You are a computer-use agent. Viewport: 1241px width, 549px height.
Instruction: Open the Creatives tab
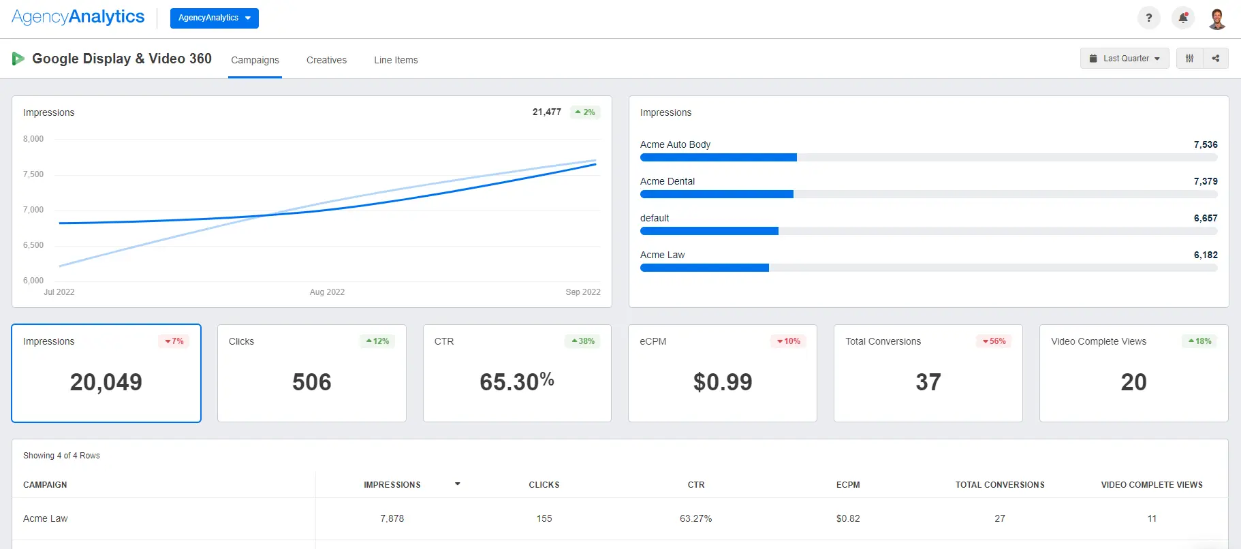[326, 60]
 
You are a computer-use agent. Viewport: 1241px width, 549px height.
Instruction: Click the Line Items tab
[396, 60]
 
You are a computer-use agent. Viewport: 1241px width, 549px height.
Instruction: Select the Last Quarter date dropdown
[1125, 59]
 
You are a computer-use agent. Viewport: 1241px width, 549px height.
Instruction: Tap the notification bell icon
[1183, 18]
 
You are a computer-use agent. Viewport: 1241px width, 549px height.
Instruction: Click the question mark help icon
[1149, 18]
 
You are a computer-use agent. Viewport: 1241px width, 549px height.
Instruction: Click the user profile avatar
[1216, 18]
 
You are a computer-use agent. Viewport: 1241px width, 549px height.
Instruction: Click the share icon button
[1216, 59]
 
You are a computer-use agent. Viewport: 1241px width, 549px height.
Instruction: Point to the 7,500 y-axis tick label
[33, 174]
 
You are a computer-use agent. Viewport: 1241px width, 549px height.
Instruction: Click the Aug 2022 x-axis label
[327, 292]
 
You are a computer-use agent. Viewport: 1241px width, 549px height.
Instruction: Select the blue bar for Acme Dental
[717, 194]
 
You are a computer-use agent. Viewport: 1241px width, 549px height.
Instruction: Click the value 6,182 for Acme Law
[1205, 255]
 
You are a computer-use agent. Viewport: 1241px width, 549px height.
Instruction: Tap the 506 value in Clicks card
[312, 382]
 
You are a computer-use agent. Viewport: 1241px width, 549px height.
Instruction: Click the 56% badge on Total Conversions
[994, 341]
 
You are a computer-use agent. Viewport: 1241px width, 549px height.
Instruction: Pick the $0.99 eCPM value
[723, 382]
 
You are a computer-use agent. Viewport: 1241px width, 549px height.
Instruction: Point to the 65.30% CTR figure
[516, 382]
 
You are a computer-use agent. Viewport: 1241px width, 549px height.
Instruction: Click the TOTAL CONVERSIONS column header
[999, 485]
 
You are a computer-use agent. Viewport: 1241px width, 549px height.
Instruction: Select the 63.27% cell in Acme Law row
[695, 518]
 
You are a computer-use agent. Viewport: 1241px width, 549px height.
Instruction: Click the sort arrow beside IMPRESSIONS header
[458, 484]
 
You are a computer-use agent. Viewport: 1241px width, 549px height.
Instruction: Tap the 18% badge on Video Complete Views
[1200, 341]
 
